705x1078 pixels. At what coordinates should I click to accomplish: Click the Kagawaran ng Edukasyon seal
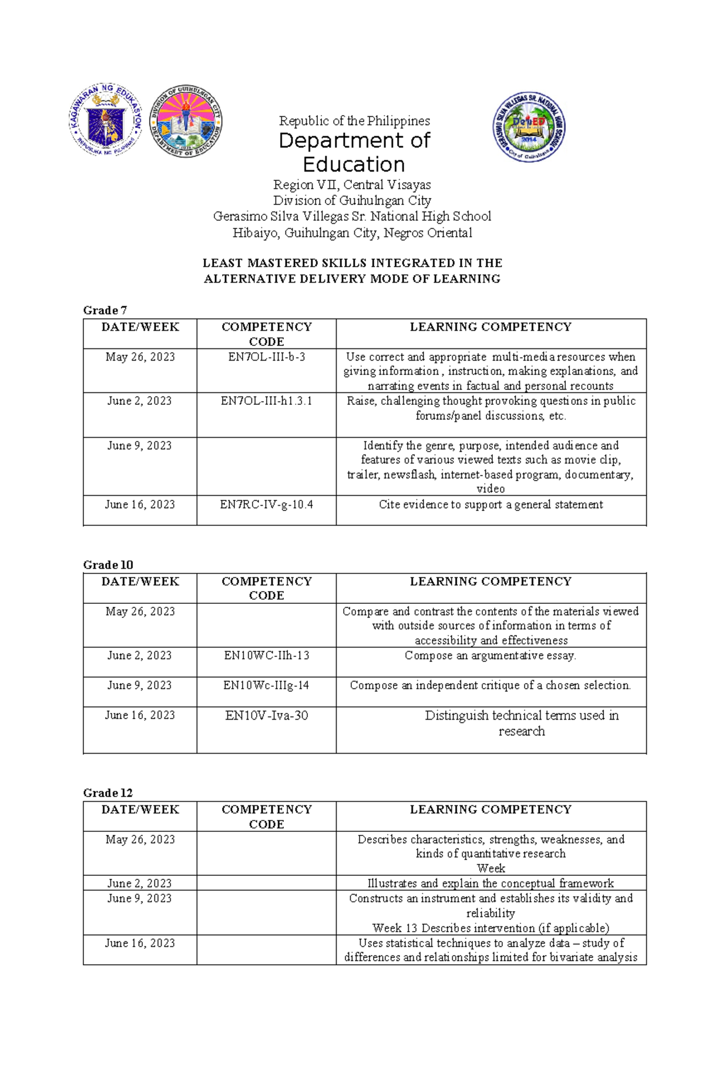[106, 120]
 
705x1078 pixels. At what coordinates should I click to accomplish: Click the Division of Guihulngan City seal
[186, 121]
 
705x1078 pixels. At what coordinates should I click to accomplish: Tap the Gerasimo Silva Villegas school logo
[529, 127]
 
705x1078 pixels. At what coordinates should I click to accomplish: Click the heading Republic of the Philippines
[354, 121]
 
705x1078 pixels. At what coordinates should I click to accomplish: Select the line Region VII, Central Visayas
[352, 185]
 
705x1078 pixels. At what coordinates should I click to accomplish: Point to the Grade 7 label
[105, 310]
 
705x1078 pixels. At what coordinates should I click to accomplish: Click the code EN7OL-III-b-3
[266, 357]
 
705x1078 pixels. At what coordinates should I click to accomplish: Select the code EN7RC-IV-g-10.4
[266, 505]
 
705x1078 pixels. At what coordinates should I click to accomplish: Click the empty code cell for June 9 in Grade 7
[266, 466]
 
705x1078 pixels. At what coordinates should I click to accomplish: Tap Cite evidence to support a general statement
[491, 505]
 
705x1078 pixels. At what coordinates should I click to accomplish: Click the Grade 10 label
[108, 565]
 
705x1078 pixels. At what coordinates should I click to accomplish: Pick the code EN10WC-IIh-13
[266, 656]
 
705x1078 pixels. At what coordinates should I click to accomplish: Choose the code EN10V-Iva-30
[266, 716]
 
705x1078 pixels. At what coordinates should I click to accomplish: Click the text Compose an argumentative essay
[491, 656]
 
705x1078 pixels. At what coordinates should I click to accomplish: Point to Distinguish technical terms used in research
[521, 723]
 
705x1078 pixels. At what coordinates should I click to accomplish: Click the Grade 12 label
[108, 793]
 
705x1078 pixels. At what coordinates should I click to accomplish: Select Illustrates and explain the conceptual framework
[491, 884]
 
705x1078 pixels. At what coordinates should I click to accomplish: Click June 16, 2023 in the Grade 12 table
[140, 943]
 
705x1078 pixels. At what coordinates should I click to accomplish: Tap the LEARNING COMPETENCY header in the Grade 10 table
[491, 582]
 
